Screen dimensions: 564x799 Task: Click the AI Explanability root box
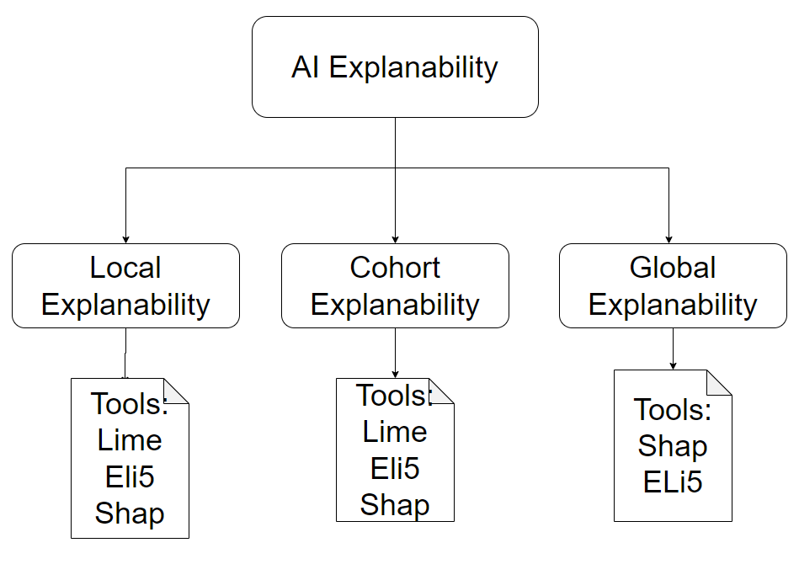click(x=395, y=67)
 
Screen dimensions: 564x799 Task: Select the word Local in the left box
click(x=125, y=268)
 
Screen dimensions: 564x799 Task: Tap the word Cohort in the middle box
click(x=395, y=268)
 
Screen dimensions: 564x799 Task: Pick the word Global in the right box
click(x=673, y=268)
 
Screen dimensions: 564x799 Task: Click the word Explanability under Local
click(x=125, y=304)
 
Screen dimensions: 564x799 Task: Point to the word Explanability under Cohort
click(x=395, y=304)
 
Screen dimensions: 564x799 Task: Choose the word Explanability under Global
click(x=673, y=304)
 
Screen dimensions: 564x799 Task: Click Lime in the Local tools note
click(x=130, y=439)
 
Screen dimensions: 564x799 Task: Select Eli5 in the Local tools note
click(x=130, y=476)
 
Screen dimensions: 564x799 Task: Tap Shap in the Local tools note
click(x=130, y=513)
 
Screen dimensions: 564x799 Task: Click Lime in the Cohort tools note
click(x=395, y=432)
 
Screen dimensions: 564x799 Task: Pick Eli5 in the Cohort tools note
click(x=395, y=468)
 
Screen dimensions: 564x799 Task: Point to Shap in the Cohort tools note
click(x=395, y=504)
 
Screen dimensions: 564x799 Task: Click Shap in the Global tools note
click(x=673, y=446)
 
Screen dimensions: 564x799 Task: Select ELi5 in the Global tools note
click(x=673, y=482)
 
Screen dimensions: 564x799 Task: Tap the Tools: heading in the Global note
click(x=673, y=410)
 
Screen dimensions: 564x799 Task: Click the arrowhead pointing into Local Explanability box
click(x=125, y=238)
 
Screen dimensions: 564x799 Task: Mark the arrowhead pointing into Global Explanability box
click(x=668, y=238)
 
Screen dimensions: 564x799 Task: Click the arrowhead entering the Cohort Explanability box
click(x=395, y=238)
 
